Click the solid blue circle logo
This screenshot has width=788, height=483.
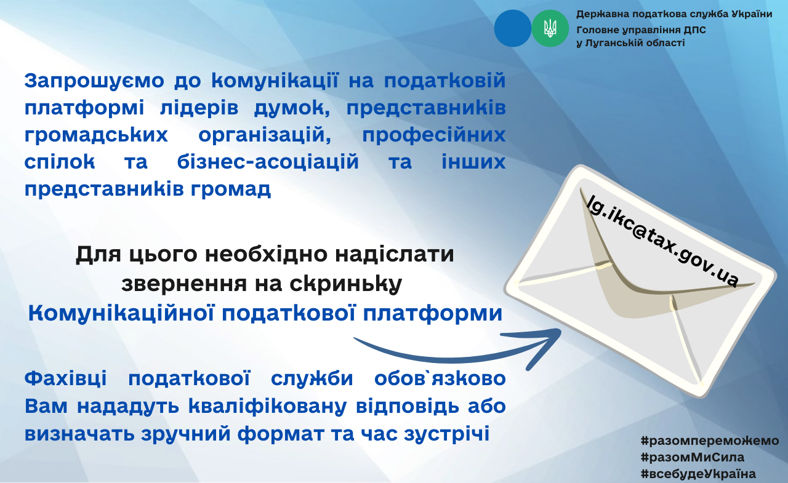(x=513, y=28)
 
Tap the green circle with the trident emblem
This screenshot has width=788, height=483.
(x=550, y=28)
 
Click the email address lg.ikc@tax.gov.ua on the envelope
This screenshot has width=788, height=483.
(x=663, y=241)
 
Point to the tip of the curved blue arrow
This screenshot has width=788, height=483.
(x=560, y=331)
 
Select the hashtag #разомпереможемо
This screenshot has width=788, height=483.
(x=710, y=441)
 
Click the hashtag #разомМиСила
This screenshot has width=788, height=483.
(x=693, y=457)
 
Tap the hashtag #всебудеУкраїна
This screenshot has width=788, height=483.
(x=698, y=474)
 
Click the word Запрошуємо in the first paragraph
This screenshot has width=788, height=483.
(x=94, y=81)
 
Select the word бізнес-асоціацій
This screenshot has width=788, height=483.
(x=268, y=162)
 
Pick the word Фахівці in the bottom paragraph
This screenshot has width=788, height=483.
(x=65, y=379)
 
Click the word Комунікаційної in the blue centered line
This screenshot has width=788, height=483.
(x=121, y=313)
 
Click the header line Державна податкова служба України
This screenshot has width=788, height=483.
(x=674, y=14)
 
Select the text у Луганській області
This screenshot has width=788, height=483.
(x=630, y=43)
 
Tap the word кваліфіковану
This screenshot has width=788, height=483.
(x=267, y=406)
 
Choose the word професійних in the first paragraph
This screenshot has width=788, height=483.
(x=434, y=135)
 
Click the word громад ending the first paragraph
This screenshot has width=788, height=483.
(x=231, y=190)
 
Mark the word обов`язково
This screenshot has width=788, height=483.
(x=440, y=378)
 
